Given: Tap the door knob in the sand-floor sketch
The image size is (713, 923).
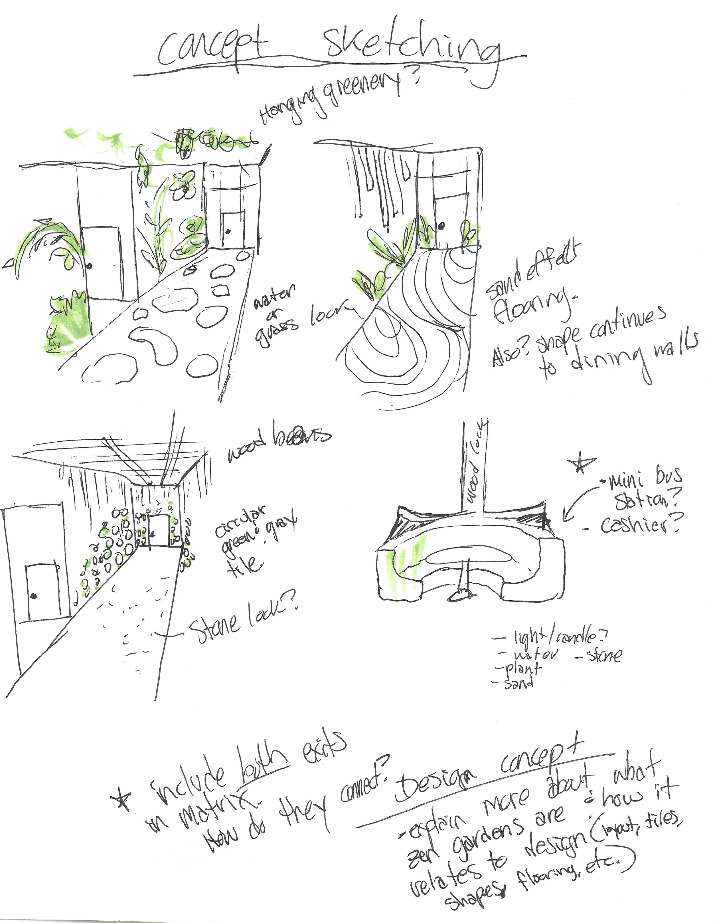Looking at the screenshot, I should pos(441,227).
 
